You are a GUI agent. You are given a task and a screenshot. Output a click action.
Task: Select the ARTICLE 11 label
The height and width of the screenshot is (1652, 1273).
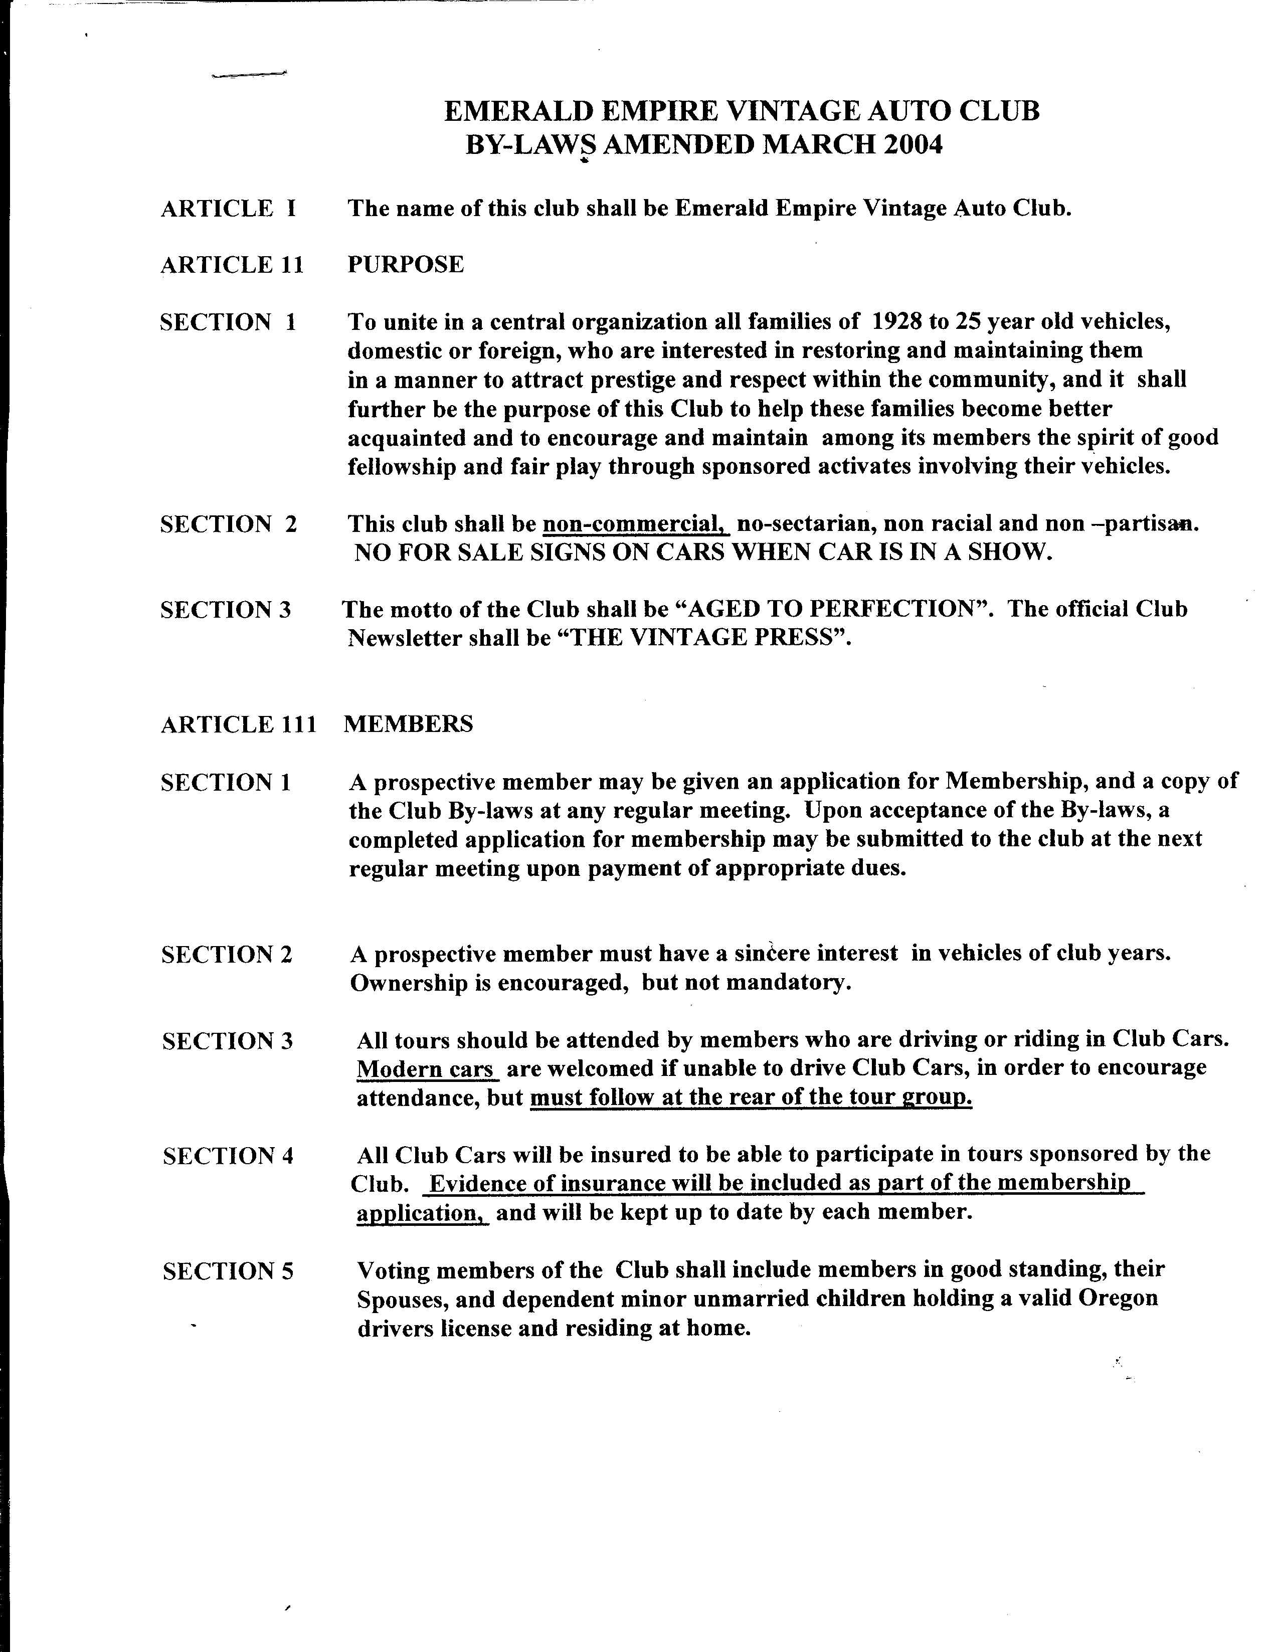coord(232,265)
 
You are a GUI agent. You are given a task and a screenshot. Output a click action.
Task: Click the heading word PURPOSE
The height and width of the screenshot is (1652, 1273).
coord(406,264)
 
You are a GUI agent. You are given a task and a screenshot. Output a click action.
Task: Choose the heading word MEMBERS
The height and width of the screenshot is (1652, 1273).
coord(409,724)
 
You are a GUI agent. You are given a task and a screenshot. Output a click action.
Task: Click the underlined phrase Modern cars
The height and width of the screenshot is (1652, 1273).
coord(426,1069)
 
